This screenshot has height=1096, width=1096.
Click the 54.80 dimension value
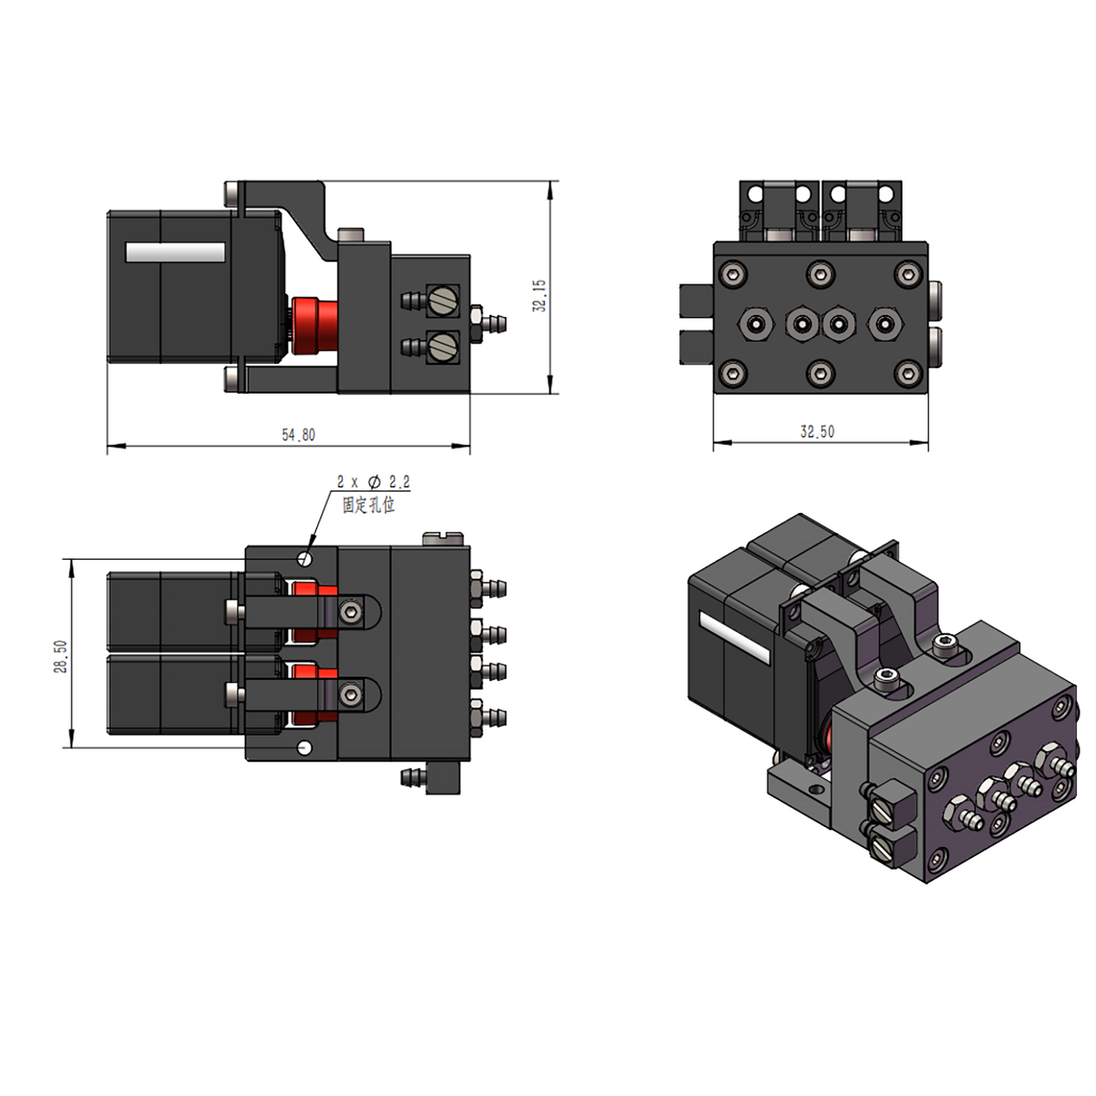tap(298, 435)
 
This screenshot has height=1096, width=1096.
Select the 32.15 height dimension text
tap(539, 295)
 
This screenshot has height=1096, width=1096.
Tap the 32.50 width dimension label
tap(817, 432)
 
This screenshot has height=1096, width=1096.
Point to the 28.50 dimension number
tap(61, 656)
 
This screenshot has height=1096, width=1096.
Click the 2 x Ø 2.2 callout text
tap(373, 482)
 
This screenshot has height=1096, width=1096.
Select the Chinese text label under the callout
tap(369, 504)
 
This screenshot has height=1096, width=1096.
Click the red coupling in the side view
tap(315, 325)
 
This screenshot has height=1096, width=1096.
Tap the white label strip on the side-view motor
tap(175, 253)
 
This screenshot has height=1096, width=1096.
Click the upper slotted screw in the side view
tap(442, 300)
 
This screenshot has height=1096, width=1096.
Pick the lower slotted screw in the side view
tap(442, 347)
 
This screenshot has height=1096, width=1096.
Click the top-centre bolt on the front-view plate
tap(820, 274)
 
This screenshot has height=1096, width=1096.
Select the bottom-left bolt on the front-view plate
tap(733, 373)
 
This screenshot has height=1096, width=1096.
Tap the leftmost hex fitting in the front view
tap(755, 325)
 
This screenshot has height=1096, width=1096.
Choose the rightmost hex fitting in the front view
tap(884, 325)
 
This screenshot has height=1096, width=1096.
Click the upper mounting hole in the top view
tap(306, 559)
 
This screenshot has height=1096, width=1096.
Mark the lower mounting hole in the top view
tap(305, 748)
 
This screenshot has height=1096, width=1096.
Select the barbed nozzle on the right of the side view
tap(493, 324)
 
